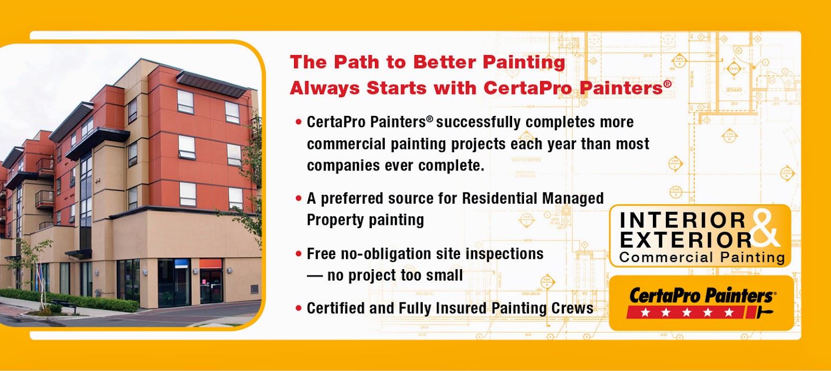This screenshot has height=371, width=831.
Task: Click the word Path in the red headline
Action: (356, 62)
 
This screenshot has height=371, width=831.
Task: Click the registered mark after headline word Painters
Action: (667, 84)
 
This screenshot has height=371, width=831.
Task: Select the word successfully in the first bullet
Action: (478, 123)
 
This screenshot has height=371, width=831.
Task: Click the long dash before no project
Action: (315, 276)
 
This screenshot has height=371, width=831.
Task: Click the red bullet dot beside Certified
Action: (298, 308)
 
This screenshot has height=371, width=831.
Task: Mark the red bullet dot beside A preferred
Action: (298, 198)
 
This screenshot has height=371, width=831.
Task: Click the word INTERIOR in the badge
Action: (682, 220)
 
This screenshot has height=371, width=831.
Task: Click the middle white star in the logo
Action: (686, 312)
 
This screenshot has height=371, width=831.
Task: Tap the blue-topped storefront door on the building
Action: (181, 283)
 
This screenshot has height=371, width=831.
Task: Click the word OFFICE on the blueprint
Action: (734, 90)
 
